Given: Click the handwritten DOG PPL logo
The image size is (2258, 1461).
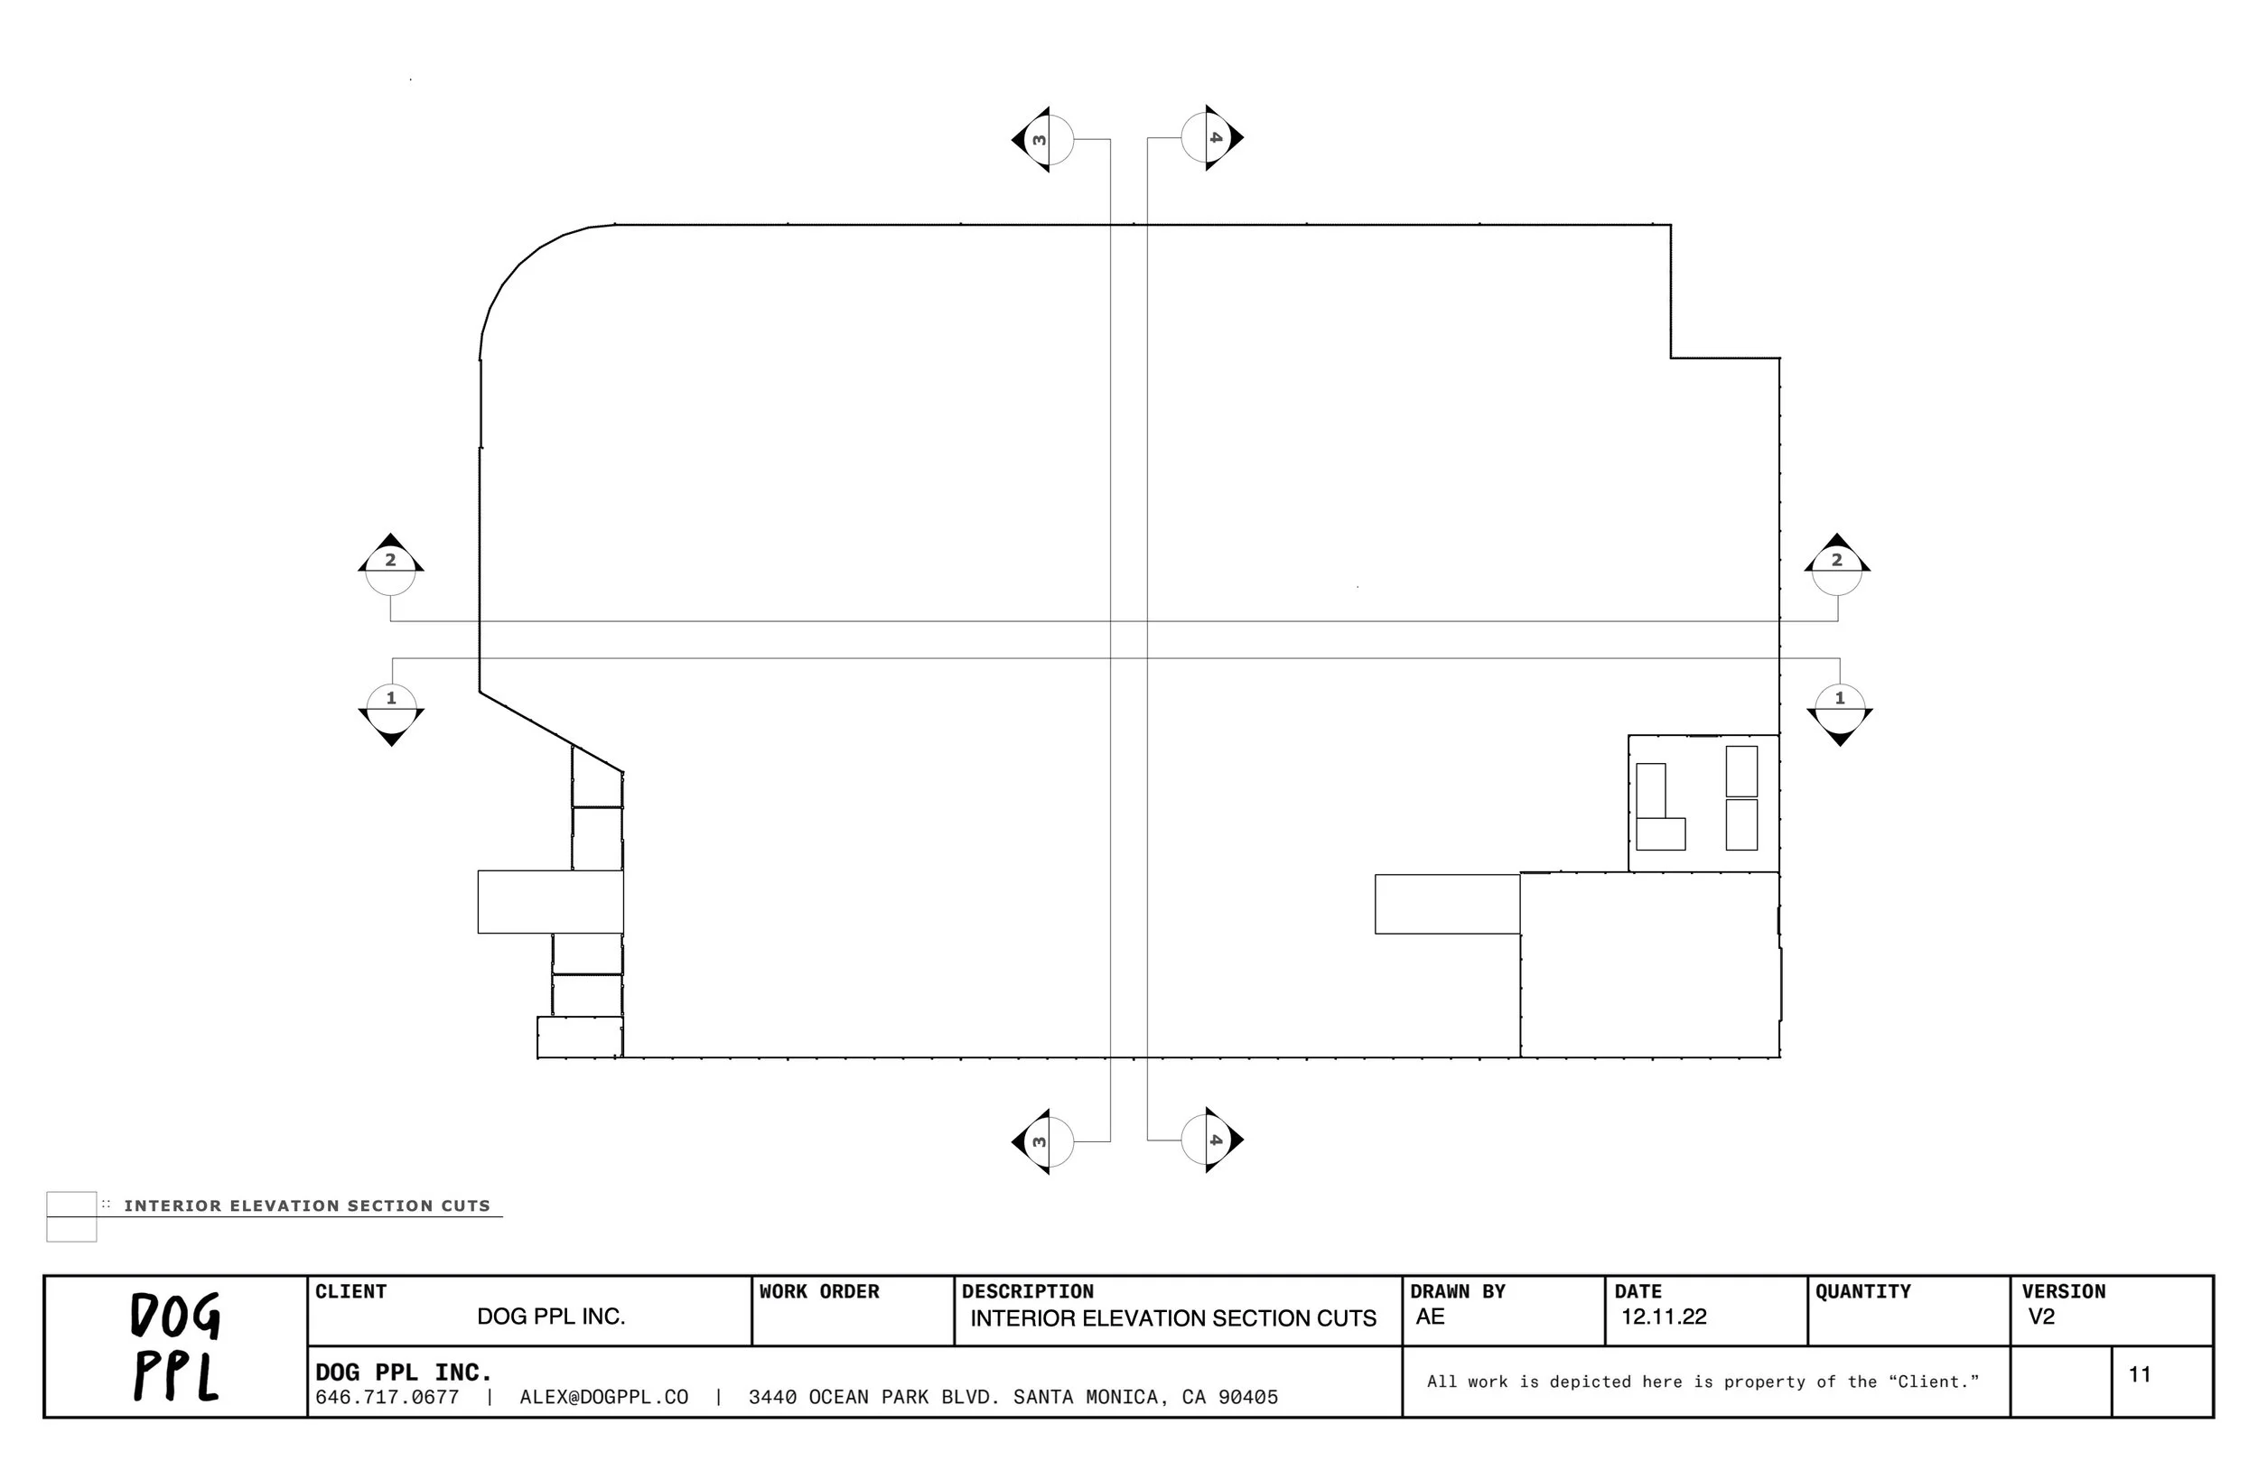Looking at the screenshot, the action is pos(175,1346).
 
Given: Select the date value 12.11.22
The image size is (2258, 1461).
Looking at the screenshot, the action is pos(1663,1317).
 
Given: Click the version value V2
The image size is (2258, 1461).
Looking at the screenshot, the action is pos(2042,1317).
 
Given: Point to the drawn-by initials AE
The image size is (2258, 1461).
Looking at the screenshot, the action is pos(1430,1317).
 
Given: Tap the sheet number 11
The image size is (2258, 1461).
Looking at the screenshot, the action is pos(2140,1374).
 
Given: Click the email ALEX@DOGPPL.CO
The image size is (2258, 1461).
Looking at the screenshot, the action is pos(603,1398).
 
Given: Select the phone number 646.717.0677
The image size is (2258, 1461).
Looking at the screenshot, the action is pos(387,1398).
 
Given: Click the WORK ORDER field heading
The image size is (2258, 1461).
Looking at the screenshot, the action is pos(819,1292).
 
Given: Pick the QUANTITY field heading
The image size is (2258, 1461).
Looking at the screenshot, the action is pos(1862,1292).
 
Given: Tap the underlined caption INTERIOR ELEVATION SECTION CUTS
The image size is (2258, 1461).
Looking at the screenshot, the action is pos(306,1205).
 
